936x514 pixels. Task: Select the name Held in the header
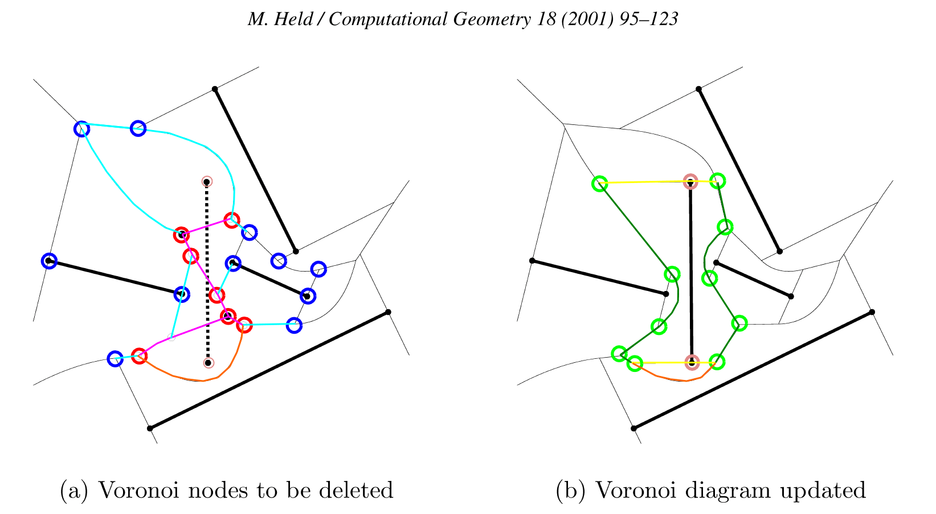coord(296,20)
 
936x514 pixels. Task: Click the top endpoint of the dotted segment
coord(207,181)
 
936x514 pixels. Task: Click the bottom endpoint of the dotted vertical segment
coord(209,363)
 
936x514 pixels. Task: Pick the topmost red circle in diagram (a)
coord(231,220)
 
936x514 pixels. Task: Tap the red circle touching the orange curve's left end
coord(139,356)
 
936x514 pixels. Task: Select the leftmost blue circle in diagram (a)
coord(50,261)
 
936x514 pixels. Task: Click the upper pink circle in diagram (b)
coord(690,181)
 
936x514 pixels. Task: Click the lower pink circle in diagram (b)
coord(692,362)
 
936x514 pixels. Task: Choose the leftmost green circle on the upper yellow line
coord(599,184)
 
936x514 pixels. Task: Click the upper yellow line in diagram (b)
coord(644,183)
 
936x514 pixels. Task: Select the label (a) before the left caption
coord(74,490)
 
